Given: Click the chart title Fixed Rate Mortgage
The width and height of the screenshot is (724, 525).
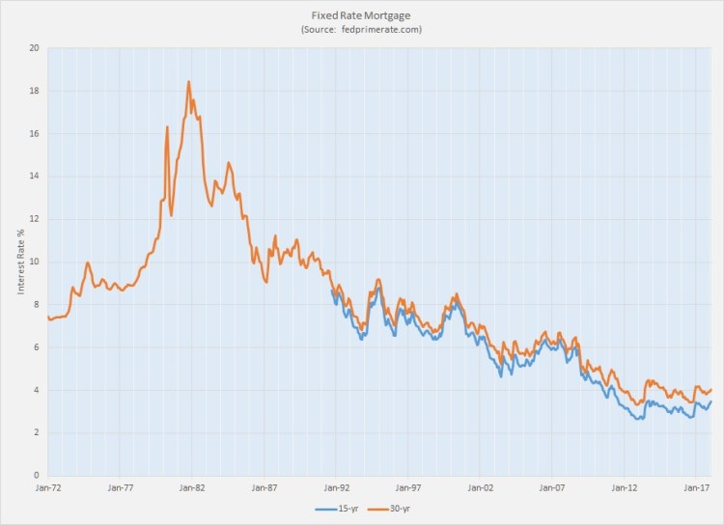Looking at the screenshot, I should (x=361, y=15).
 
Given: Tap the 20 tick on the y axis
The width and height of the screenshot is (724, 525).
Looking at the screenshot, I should (x=34, y=48).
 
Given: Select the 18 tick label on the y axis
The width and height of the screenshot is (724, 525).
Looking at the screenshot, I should (x=34, y=91).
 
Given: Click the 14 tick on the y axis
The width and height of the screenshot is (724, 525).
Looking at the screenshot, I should (x=34, y=177).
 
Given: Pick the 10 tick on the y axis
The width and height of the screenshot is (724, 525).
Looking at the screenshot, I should (x=34, y=262).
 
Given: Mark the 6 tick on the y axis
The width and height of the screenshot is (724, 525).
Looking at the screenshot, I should (x=36, y=347).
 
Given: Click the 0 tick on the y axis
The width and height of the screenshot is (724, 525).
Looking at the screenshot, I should (x=36, y=475).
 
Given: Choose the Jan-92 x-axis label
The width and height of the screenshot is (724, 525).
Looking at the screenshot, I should (x=336, y=488).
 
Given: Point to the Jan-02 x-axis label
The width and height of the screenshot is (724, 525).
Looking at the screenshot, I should (x=480, y=488).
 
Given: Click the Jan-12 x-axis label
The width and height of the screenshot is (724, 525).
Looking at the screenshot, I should (x=624, y=488).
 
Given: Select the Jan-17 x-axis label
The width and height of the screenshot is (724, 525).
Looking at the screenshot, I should (x=696, y=488).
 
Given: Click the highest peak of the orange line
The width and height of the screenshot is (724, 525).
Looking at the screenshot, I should (x=188, y=81).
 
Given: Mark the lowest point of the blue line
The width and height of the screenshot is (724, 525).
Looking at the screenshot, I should (x=639, y=419).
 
